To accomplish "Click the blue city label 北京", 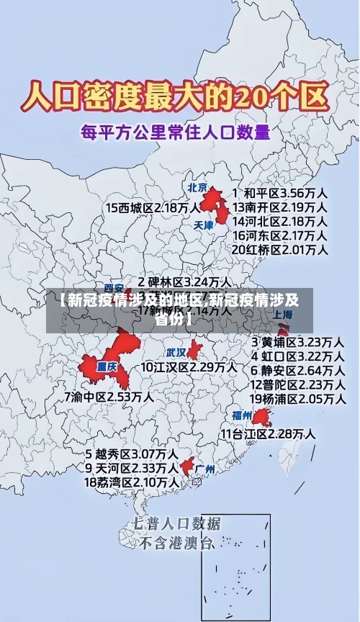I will click(197, 188).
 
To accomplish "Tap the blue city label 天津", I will click(204, 225).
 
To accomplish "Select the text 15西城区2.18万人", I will click(153, 208).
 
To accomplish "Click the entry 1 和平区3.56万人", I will click(280, 194).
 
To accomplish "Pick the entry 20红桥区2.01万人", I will click(280, 249).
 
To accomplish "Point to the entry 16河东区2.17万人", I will click(280, 235).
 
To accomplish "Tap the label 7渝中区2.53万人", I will click(108, 397).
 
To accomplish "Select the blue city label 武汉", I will click(176, 353).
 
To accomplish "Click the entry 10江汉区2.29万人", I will click(189, 367).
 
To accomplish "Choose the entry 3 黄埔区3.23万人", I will click(297, 342).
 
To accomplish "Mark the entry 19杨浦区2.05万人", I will click(297, 398).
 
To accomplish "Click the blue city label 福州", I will click(242, 415).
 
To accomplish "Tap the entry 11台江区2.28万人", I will click(268, 433).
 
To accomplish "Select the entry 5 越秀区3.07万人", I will click(132, 454).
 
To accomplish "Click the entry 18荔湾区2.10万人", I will click(132, 482).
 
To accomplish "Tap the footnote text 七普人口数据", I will click(176, 523).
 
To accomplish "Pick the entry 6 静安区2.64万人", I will click(297, 370).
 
